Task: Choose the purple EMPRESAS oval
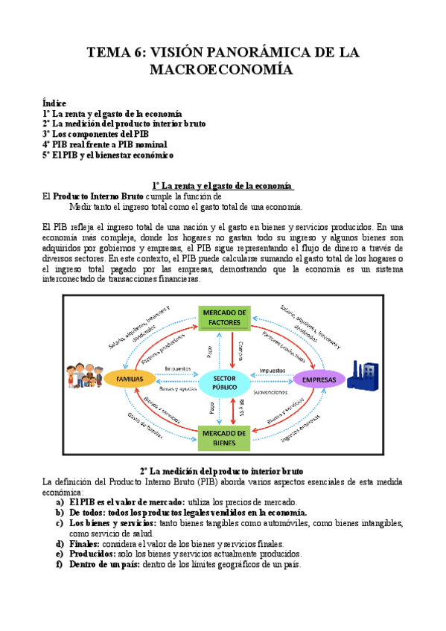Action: tap(319, 379)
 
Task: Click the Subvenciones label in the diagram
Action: tap(275, 390)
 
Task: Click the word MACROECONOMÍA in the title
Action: tap(223, 70)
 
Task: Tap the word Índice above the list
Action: tap(54, 103)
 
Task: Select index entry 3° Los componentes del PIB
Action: tap(95, 134)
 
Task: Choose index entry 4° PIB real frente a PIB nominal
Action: tap(104, 144)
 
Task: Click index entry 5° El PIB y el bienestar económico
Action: tap(108, 155)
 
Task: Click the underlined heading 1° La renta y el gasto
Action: tap(223, 185)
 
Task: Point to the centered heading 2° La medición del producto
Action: tap(222, 471)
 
